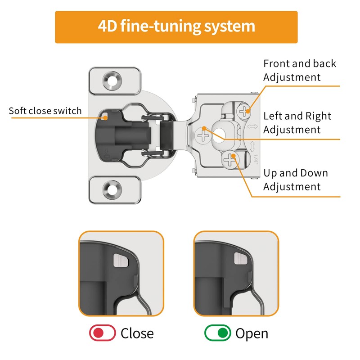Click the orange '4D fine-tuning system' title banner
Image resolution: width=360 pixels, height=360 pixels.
point(176,27)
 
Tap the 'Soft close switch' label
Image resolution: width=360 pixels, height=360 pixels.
point(45,111)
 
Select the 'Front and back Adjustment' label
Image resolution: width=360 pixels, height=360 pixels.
point(300,70)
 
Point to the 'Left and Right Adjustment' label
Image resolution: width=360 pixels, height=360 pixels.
point(297,122)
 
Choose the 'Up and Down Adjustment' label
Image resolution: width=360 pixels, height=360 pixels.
point(296,180)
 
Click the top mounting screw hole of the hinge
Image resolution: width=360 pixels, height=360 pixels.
point(112,81)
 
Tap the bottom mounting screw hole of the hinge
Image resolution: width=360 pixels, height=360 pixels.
point(112,189)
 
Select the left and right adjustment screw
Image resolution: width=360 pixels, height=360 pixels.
point(203,135)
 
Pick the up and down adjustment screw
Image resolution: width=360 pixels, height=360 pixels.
point(230,160)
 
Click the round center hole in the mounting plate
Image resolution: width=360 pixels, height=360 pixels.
point(219,135)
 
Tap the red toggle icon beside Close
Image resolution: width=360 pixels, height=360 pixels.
point(103,333)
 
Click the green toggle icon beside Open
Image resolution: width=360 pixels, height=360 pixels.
point(218,333)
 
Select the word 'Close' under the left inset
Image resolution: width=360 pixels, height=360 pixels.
point(137,333)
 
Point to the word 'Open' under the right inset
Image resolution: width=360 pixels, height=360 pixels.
point(252,333)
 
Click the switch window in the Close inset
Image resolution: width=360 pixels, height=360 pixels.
point(121,261)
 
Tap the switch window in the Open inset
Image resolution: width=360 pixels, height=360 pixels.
point(240,258)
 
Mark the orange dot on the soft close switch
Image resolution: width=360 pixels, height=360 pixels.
point(105,118)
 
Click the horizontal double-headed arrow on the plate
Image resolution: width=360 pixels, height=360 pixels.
point(252,126)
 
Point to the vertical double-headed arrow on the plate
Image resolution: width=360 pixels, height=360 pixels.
point(252,147)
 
